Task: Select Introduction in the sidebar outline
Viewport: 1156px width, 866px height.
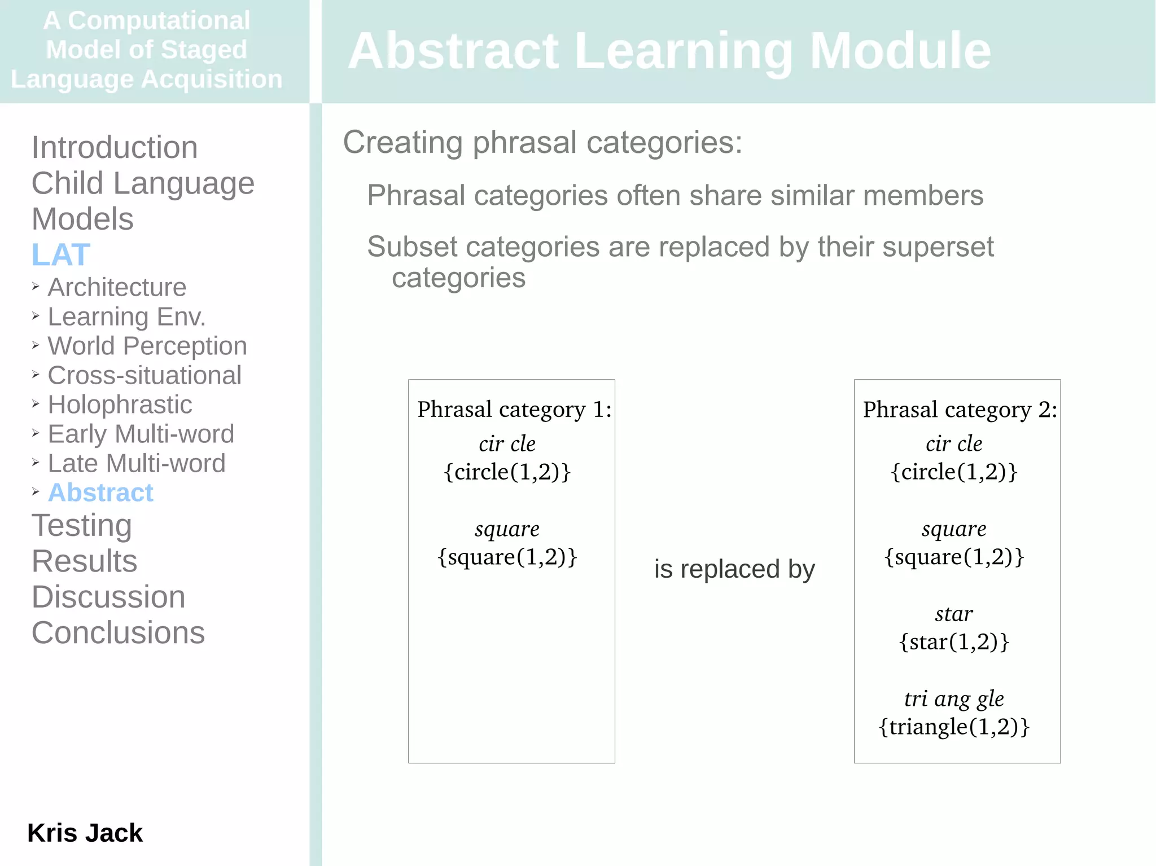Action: (x=115, y=148)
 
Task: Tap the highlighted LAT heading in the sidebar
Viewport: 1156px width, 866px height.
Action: (x=61, y=254)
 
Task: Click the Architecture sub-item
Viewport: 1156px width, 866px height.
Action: (x=117, y=288)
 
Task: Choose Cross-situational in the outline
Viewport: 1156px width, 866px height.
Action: (x=144, y=376)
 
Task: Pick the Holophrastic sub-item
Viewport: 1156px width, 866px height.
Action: (x=120, y=405)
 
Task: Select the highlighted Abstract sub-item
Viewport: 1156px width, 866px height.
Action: (x=100, y=493)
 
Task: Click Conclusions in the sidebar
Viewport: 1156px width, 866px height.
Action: (x=118, y=633)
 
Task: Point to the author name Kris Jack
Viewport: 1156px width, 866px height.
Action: (x=85, y=833)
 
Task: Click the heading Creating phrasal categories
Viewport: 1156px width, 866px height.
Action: (x=542, y=142)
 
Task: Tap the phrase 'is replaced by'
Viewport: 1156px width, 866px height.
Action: (x=734, y=569)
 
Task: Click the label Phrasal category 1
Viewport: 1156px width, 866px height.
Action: (x=514, y=410)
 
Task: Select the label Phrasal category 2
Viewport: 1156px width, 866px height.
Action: (x=960, y=410)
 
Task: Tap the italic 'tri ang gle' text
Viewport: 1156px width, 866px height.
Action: (x=954, y=699)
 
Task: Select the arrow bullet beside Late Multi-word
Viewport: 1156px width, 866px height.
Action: (x=36, y=463)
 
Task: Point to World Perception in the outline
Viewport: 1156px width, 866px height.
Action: (x=147, y=346)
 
